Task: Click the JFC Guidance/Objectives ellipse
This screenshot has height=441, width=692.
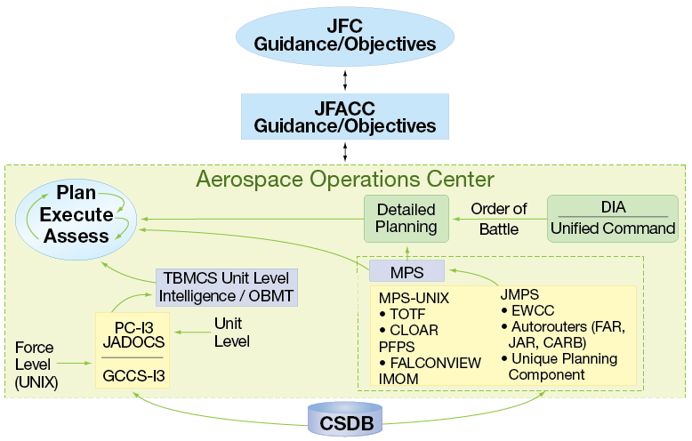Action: (x=345, y=33)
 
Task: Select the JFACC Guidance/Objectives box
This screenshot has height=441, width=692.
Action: (x=345, y=116)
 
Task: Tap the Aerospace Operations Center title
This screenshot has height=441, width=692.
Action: (x=345, y=180)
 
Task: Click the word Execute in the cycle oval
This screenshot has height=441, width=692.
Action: (x=76, y=214)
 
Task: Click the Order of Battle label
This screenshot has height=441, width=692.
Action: (x=498, y=218)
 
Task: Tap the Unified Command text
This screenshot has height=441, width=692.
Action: (x=613, y=229)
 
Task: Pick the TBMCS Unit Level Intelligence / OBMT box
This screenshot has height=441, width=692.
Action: (x=226, y=285)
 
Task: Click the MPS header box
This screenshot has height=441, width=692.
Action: (x=407, y=270)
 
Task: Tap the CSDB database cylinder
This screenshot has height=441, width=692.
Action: (x=345, y=419)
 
